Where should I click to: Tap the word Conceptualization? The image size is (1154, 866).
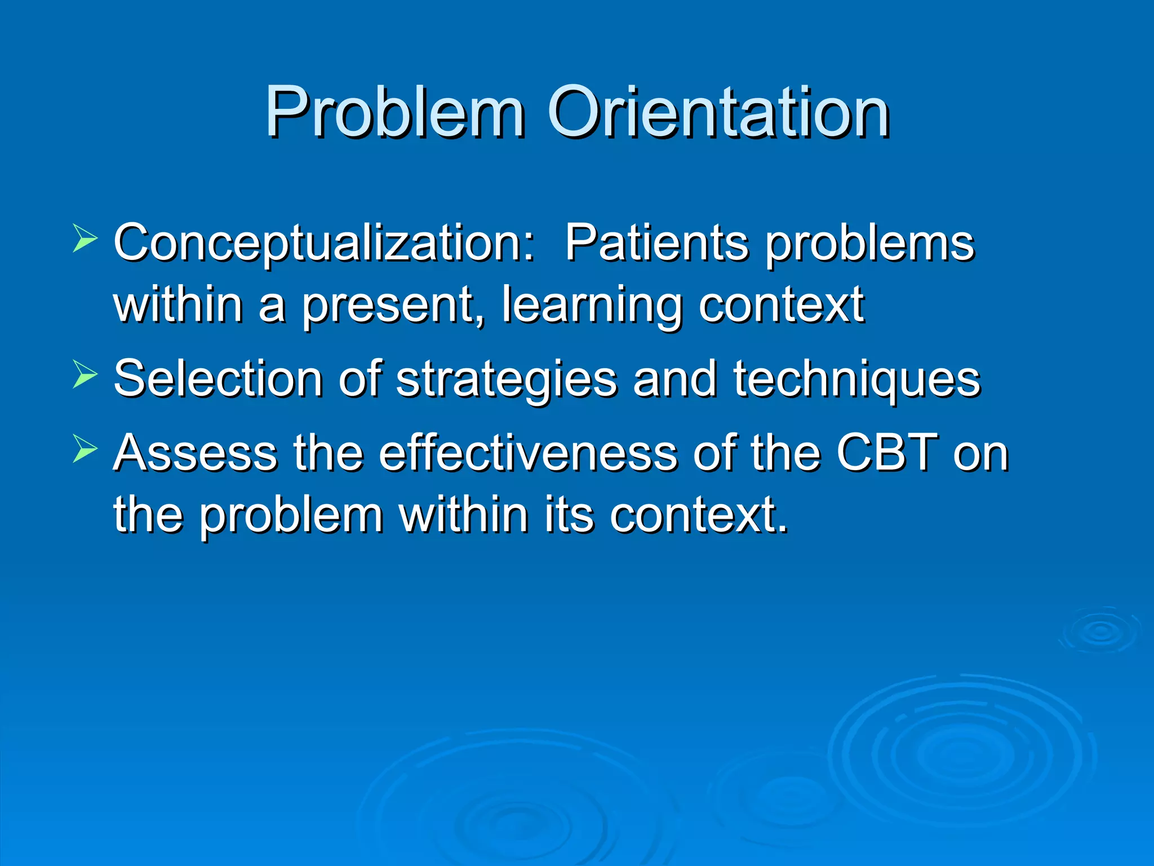tap(324, 244)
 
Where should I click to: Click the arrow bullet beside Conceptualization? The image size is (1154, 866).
tap(85, 237)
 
